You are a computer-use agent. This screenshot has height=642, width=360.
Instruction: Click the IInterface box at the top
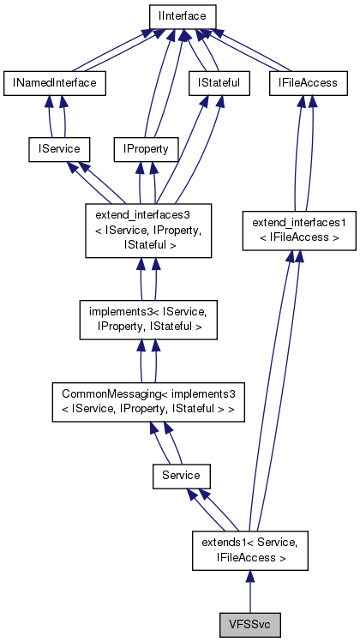(181, 16)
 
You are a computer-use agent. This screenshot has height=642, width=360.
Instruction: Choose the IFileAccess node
(309, 82)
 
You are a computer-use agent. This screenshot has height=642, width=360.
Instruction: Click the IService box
(55, 148)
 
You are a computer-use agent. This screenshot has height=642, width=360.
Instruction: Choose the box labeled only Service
(181, 474)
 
